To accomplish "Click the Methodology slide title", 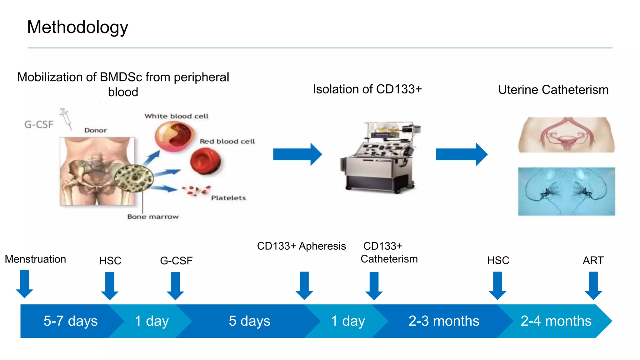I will (77, 27).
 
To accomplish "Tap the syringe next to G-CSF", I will (66, 118).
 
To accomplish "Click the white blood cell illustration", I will (174, 136).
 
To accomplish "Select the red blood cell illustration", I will (205, 161).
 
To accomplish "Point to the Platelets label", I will (228, 198).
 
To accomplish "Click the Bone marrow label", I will (153, 217).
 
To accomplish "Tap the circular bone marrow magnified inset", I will (134, 178).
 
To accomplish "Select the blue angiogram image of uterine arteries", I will (566, 191).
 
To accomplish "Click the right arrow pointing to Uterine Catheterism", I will (461, 154).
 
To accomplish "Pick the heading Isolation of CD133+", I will (367, 89).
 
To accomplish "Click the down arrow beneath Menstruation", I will (24, 284).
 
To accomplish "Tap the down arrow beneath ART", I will (593, 285).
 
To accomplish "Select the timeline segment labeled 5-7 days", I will (70, 321).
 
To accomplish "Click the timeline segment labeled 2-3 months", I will (443, 321).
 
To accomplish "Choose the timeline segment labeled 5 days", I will (249, 321).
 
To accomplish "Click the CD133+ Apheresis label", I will (301, 246).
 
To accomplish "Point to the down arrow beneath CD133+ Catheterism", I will (374, 285).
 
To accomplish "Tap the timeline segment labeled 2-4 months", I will (556, 321).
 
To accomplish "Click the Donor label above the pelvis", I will (95, 130).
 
